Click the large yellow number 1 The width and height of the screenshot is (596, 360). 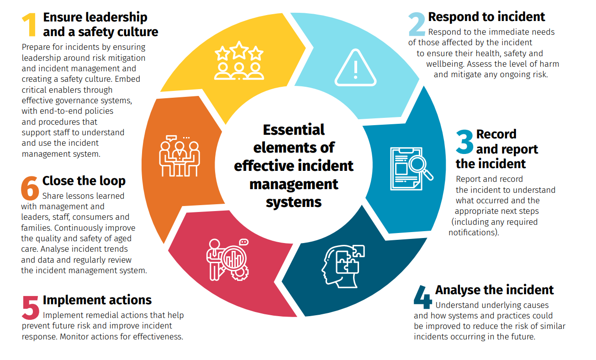(x=29, y=25)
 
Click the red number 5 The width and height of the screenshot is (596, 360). (x=30, y=307)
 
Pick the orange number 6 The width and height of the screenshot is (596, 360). (x=30, y=188)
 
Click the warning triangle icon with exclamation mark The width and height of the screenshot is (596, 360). (x=355, y=69)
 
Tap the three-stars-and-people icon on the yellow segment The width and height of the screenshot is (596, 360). (x=239, y=61)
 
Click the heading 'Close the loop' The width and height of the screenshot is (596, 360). (x=84, y=181)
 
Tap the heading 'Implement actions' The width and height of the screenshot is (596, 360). (x=97, y=300)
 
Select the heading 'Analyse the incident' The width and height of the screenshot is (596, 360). (x=494, y=290)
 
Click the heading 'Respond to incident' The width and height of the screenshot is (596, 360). (x=486, y=17)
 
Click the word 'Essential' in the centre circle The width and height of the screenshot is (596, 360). (x=294, y=130)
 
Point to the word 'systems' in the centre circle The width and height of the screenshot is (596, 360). (x=294, y=201)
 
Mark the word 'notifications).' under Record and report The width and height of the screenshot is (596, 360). (x=474, y=232)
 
